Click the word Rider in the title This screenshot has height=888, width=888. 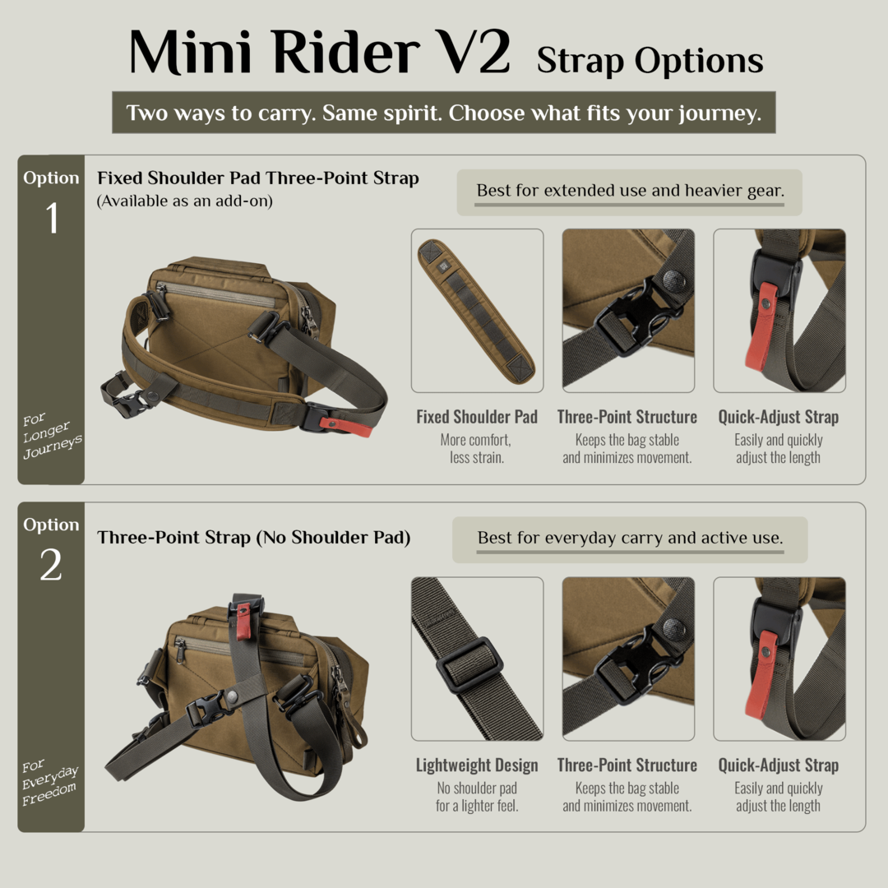pyautogui.click(x=346, y=53)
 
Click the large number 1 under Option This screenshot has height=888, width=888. pyautogui.click(x=52, y=218)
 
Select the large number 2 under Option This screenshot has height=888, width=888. pyautogui.click(x=51, y=565)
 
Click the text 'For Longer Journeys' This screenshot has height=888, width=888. pyautogui.click(x=52, y=436)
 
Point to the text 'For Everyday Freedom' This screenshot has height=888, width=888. pyautogui.click(x=50, y=782)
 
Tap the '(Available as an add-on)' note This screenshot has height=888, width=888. pyautogui.click(x=185, y=201)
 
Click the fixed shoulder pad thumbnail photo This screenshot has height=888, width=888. pyautogui.click(x=477, y=311)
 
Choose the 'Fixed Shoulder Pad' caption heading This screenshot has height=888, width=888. pyautogui.click(x=477, y=417)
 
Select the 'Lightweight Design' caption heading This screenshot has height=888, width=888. pyautogui.click(x=477, y=765)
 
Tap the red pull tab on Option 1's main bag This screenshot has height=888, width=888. pyautogui.click(x=345, y=426)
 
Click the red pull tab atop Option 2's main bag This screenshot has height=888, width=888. pyautogui.click(x=243, y=621)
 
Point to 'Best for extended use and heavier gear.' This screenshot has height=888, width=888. pyautogui.click(x=631, y=191)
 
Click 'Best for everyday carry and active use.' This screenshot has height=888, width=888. pyautogui.click(x=631, y=538)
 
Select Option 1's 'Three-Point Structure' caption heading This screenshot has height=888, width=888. pyautogui.click(x=627, y=417)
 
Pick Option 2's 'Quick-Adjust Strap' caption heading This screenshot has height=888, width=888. pyautogui.click(x=778, y=765)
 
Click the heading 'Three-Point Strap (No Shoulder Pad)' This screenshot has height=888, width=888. pyautogui.click(x=254, y=538)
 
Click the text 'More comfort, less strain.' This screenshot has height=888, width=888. pyautogui.click(x=476, y=449)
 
